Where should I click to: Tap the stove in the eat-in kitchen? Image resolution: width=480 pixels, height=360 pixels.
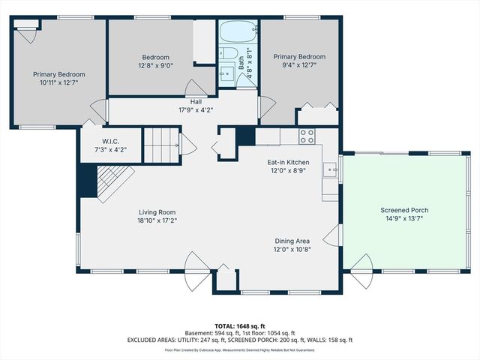tap(307, 136)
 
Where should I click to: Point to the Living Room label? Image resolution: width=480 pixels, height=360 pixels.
tap(157, 211)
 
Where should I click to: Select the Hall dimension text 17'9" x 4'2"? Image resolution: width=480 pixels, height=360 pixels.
tap(196, 110)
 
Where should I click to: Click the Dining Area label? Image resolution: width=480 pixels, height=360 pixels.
tap(292, 241)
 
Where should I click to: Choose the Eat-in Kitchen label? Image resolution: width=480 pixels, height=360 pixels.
tap(289, 161)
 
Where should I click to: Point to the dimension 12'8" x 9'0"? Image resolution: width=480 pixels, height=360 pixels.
tap(156, 65)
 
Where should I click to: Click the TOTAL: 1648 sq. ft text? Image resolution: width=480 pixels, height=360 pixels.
tap(240, 326)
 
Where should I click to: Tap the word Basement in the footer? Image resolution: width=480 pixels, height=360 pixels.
tap(199, 333)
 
